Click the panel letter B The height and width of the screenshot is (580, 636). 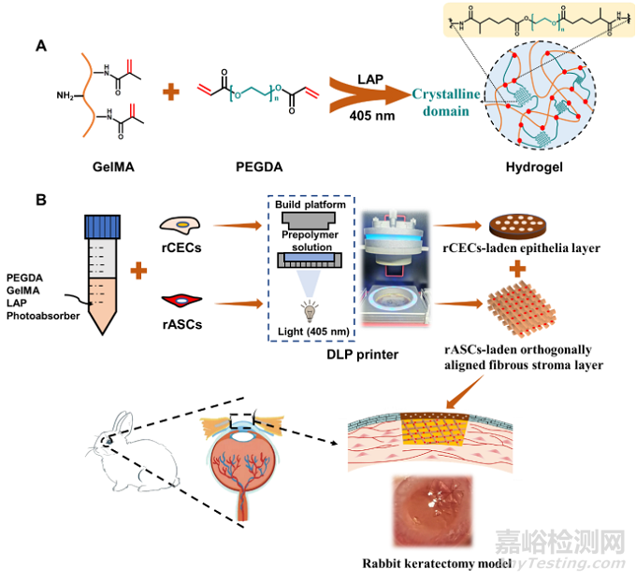point(41,201)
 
